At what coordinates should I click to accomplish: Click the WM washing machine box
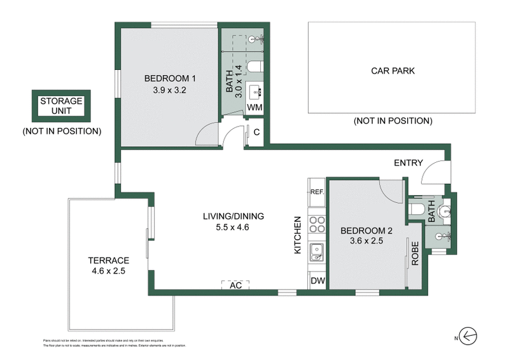255,107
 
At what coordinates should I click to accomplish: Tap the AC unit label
235,286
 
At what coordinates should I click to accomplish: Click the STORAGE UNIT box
61,106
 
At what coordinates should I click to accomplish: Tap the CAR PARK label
393,71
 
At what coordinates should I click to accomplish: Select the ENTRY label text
408,163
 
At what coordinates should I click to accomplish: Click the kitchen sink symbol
316,252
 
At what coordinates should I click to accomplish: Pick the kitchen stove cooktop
316,224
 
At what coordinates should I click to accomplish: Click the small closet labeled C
256,133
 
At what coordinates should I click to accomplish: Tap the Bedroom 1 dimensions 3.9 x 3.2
169,90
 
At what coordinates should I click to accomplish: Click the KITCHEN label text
296,235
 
